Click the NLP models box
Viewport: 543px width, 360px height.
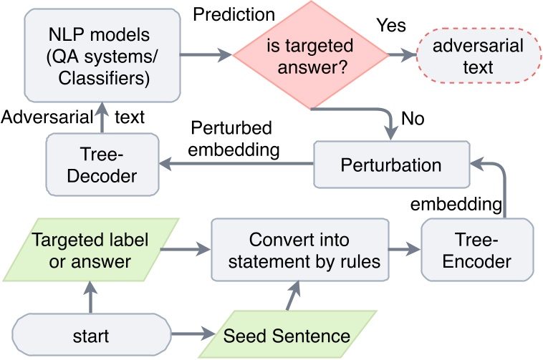[99, 55]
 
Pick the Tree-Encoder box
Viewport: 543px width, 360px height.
[477, 250]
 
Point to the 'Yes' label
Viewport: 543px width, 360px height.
[391, 26]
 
